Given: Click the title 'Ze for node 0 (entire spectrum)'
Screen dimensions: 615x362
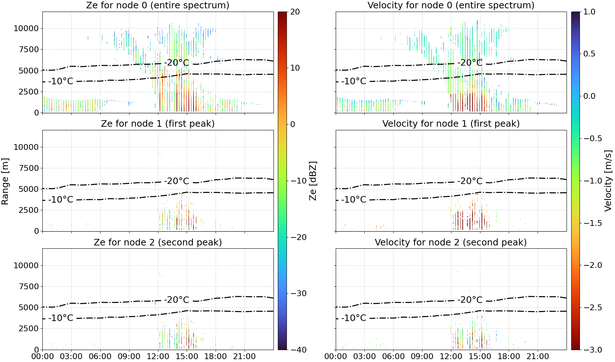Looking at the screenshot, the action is (x=158, y=5).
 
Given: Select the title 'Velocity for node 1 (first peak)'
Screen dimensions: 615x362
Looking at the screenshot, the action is (x=451, y=123).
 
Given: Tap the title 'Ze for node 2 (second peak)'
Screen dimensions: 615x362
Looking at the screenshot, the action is (x=158, y=242).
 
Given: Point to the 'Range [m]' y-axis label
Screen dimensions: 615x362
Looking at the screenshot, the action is (x=5, y=181).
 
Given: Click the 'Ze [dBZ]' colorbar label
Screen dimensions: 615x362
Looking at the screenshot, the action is (x=313, y=181).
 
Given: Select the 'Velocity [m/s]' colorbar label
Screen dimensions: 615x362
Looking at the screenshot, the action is (x=608, y=181).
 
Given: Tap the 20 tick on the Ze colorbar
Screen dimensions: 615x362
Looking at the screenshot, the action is (x=295, y=12).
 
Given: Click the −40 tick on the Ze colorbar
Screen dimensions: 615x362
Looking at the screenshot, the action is (x=298, y=350).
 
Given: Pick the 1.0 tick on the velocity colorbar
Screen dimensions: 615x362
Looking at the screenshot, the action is (x=589, y=12).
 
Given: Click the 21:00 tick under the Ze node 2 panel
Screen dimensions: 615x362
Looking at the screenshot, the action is (x=244, y=357).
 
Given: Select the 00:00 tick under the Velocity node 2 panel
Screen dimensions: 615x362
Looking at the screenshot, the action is (x=335, y=357).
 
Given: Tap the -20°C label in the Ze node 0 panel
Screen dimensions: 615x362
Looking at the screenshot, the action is (x=177, y=63).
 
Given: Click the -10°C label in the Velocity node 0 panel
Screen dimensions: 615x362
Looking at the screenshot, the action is (x=354, y=81).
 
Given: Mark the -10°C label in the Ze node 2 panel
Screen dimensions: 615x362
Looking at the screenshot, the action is (x=61, y=318).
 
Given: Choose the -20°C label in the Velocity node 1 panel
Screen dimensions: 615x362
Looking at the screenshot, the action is (x=470, y=181).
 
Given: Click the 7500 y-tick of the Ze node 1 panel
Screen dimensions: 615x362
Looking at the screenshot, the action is (x=29, y=168).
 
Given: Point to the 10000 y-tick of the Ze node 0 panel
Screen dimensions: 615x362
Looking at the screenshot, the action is (x=26, y=28).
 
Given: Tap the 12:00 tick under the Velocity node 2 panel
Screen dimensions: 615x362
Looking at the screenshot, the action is (x=451, y=357).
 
